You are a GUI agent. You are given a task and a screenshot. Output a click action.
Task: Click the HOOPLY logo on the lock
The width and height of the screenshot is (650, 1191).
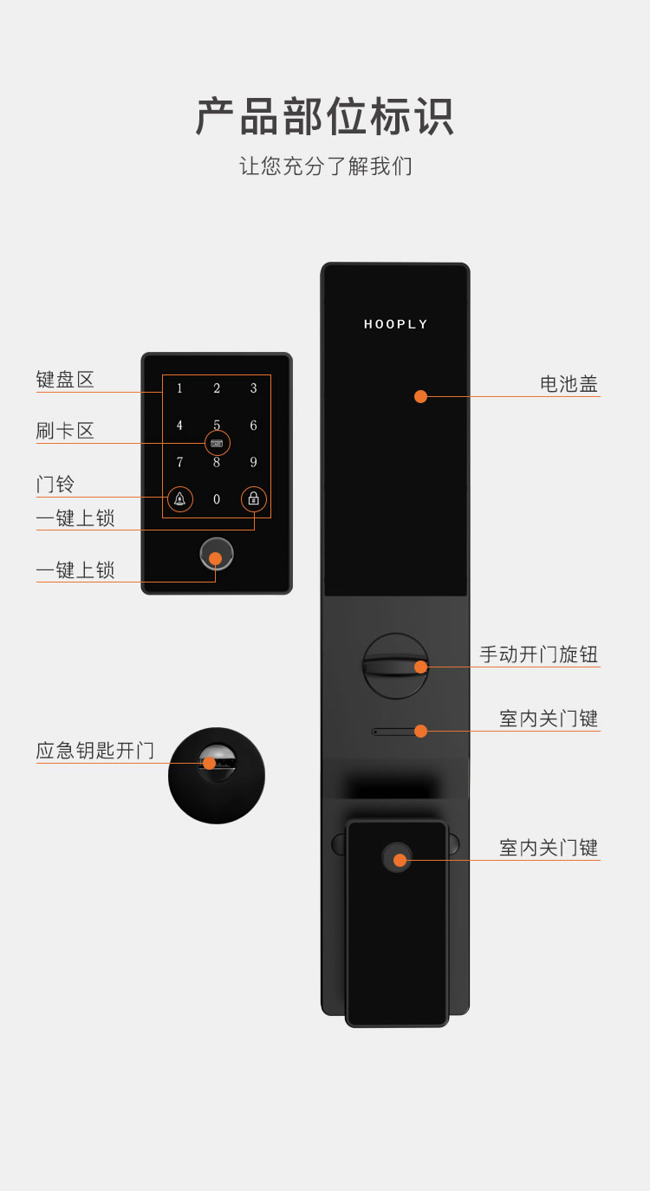395,324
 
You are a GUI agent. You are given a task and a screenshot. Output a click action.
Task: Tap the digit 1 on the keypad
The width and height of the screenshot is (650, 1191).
179,388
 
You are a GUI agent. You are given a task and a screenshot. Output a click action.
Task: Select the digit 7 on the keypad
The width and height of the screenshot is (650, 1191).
179,462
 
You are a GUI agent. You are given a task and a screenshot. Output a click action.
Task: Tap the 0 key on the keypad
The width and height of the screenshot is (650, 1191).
217,499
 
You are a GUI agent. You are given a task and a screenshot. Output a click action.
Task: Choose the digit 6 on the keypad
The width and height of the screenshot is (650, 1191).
254,426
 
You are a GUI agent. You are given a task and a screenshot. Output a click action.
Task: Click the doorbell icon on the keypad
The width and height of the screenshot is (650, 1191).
180,499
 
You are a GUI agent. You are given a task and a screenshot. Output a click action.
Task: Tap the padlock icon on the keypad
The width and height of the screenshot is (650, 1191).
254,499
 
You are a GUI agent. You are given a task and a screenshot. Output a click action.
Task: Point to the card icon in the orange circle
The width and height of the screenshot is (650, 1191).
217,444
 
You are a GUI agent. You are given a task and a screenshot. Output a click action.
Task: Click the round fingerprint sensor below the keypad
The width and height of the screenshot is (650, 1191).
217,554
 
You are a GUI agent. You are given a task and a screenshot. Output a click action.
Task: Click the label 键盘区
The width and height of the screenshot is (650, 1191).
65,380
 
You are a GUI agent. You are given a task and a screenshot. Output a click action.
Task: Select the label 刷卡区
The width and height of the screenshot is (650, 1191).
65,431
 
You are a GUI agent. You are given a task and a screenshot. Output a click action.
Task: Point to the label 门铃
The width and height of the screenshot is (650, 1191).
55,485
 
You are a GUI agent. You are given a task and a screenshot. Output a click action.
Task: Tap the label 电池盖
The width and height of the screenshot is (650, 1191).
569,384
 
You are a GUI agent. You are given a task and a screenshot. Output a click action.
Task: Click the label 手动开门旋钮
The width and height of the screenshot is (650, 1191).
539,654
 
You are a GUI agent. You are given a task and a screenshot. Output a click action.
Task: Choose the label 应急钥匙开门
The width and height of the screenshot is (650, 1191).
95,751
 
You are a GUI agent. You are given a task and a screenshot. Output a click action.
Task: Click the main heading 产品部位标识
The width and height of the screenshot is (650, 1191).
325,116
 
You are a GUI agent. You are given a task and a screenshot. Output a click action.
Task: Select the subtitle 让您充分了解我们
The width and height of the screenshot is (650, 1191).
325,166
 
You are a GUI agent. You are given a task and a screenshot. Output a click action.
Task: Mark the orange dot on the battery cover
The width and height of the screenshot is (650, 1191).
420,397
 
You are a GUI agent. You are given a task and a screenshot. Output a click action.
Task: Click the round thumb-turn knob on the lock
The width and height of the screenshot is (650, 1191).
395,666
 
